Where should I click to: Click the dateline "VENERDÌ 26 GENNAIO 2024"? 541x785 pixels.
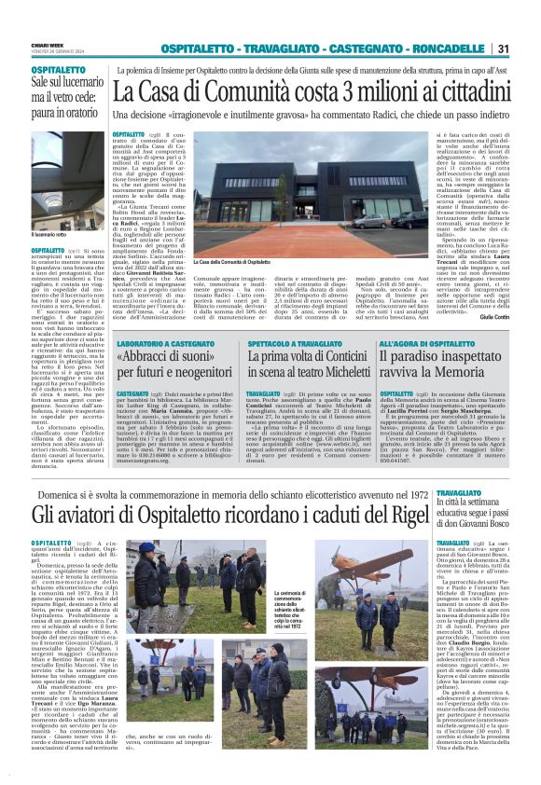point(47,52)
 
